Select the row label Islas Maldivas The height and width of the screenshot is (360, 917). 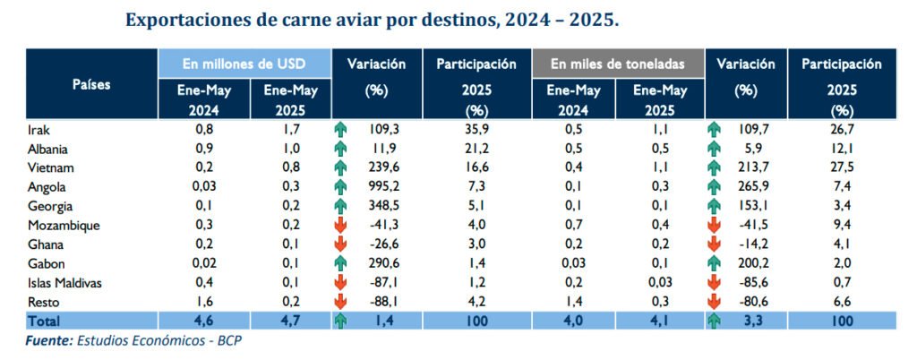[65, 282]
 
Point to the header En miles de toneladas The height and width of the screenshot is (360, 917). [617, 64]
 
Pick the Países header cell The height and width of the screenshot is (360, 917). [91, 84]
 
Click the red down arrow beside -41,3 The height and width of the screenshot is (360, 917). [341, 225]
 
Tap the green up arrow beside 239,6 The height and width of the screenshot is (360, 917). [341, 167]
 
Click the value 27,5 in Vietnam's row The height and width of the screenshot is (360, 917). [841, 167]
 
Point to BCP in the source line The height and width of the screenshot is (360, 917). [228, 340]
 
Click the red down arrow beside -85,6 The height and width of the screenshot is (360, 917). [714, 282]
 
